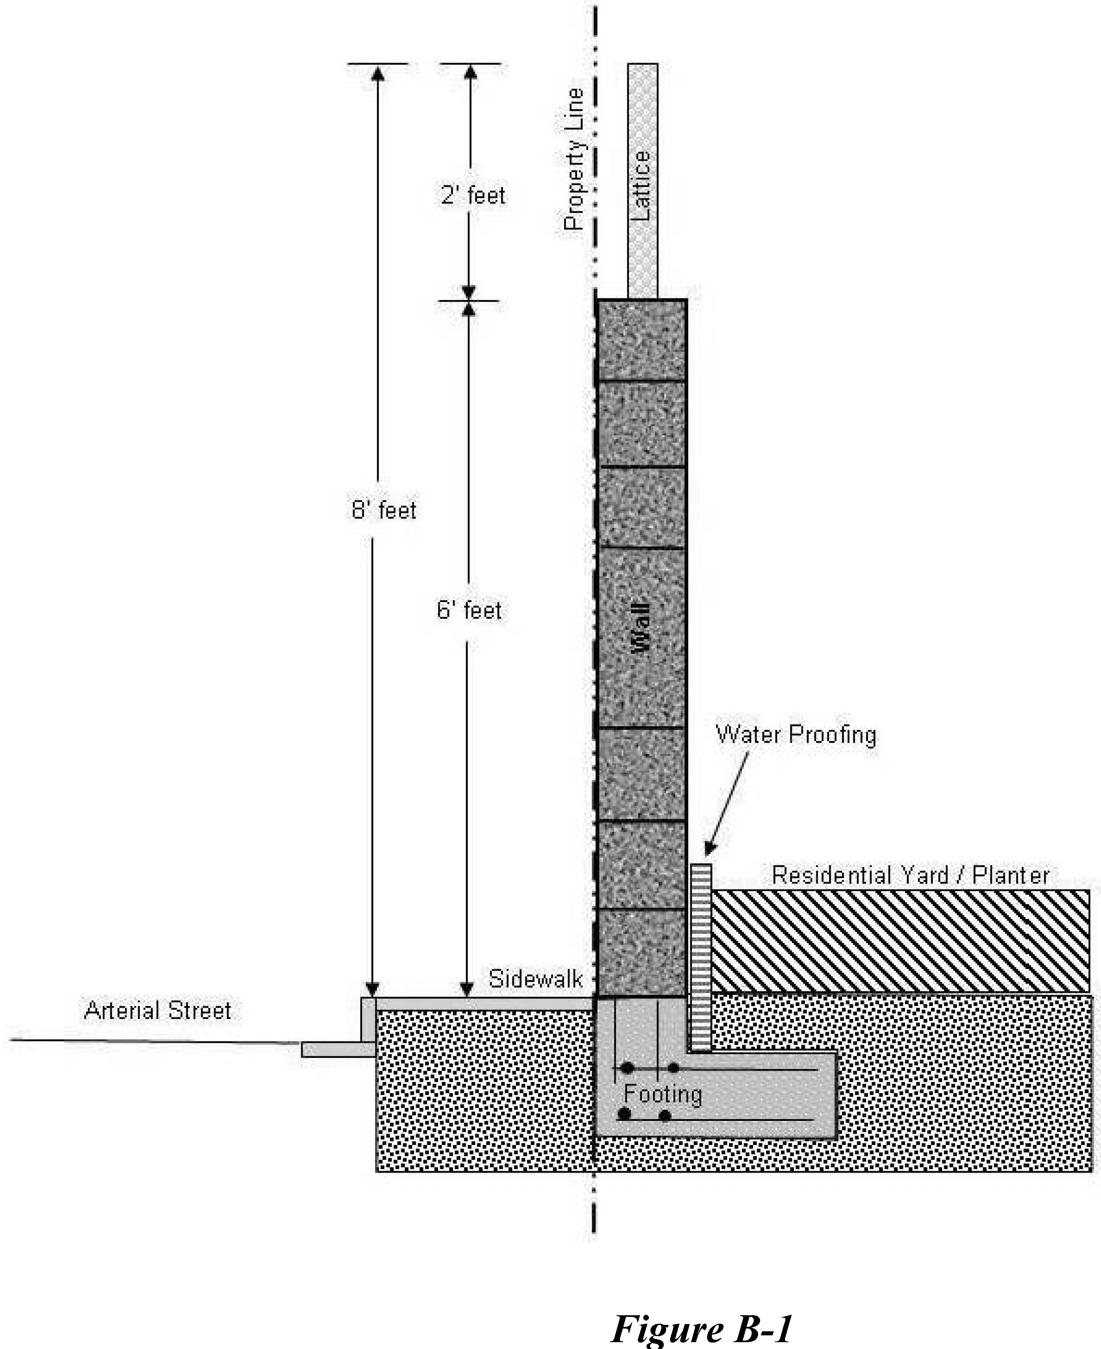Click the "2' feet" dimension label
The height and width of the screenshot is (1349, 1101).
473,195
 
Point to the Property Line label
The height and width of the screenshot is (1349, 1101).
573,159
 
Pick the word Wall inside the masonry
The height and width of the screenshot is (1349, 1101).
641,627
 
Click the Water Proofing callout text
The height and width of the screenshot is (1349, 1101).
796,735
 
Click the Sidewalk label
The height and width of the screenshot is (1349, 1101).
535,979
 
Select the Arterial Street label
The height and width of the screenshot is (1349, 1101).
157,1010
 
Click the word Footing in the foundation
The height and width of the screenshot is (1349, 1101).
663,1094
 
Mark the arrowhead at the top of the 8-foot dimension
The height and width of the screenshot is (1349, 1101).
378,71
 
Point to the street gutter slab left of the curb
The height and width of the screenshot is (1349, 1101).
337,1049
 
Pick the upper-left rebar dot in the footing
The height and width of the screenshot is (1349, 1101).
627,1068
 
